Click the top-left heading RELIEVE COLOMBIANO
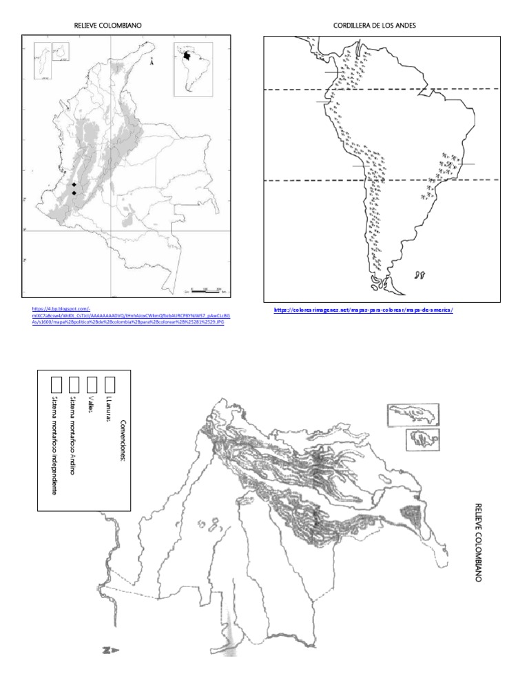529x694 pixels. pyautogui.click(x=109, y=26)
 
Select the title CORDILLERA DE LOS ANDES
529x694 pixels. pyautogui.click(x=375, y=26)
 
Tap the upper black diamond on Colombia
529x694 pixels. pyautogui.click(x=74, y=185)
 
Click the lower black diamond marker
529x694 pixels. pyautogui.click(x=74, y=193)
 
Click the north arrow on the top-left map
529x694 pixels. pyautogui.click(x=151, y=62)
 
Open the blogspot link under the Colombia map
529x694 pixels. pyautogui.click(x=131, y=315)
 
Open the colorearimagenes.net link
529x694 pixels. pyautogui.click(x=363, y=310)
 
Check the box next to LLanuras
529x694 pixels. pyautogui.click(x=110, y=383)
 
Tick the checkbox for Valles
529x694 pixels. pyautogui.click(x=92, y=384)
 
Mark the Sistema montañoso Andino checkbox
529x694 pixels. pyautogui.click(x=74, y=384)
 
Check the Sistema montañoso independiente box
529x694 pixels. pyautogui.click(x=57, y=384)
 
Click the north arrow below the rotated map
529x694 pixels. pyautogui.click(x=111, y=650)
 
